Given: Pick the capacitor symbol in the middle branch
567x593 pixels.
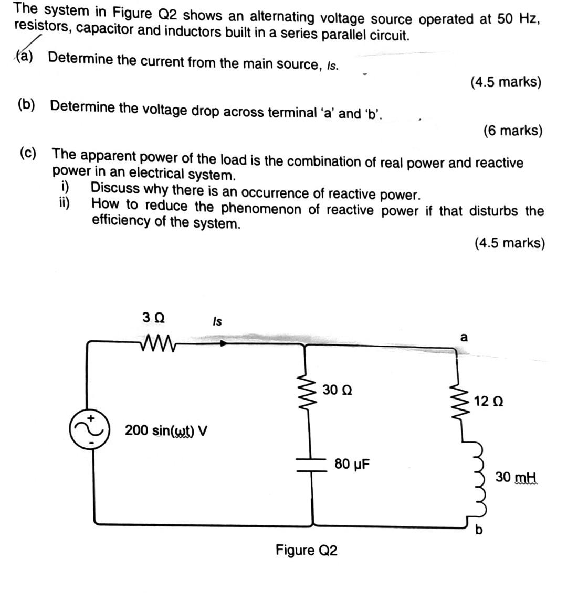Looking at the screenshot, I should click(313, 463).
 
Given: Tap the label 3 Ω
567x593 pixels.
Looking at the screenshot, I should click(153, 318).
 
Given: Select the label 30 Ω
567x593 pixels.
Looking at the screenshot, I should click(338, 390).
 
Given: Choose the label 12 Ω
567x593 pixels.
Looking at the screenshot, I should click(488, 402).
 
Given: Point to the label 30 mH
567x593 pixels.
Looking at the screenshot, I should click(517, 478).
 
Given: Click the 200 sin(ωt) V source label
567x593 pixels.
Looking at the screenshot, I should click(166, 431).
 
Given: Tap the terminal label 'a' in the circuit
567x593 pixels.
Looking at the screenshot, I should click(464, 337).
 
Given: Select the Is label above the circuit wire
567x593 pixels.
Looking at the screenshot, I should click(217, 321).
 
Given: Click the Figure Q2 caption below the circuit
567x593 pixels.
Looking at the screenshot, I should click(306, 550).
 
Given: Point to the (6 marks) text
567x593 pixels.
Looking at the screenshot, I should click(512, 130).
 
